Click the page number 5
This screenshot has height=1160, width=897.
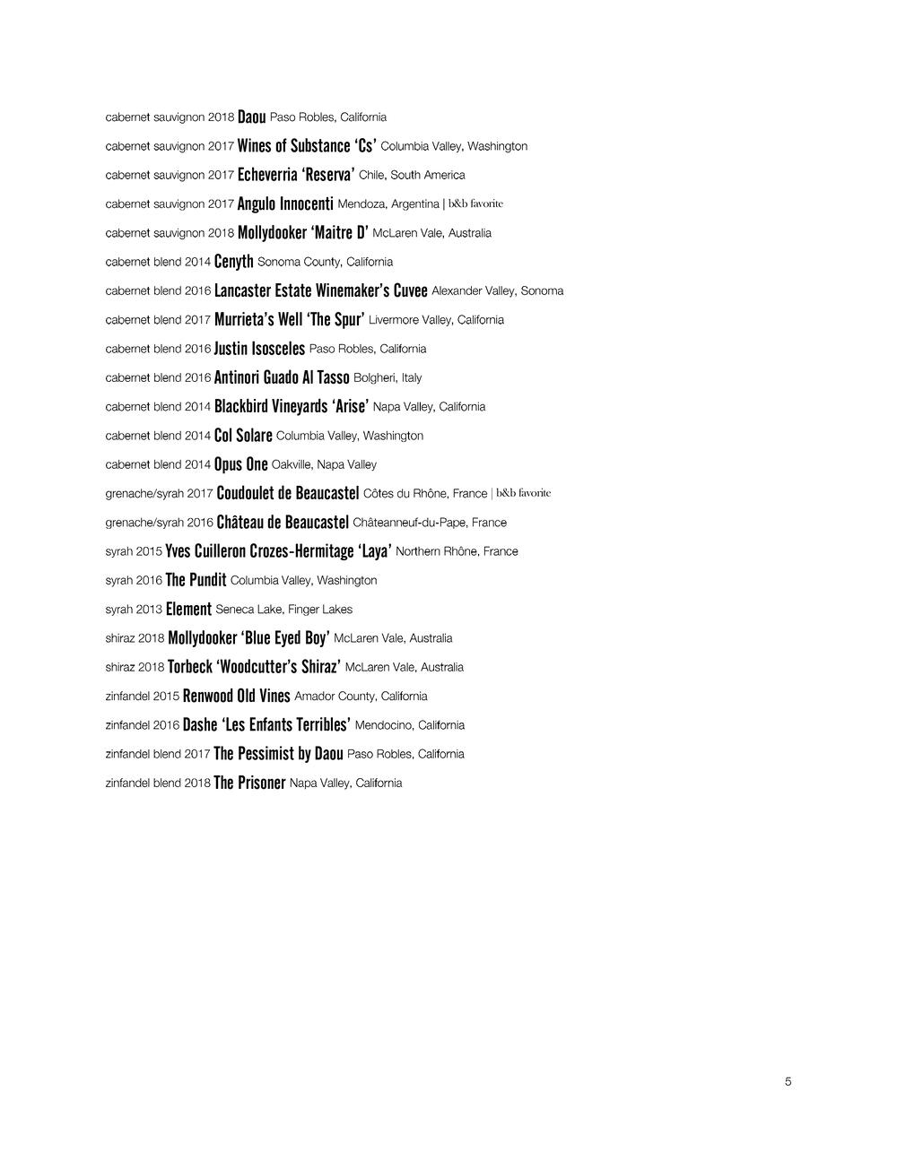(x=788, y=1082)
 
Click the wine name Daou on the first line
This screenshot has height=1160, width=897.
(x=251, y=117)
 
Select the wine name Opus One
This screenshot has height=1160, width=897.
(x=240, y=464)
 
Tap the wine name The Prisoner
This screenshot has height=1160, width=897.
(x=249, y=783)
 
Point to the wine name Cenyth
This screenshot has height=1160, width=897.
(x=233, y=263)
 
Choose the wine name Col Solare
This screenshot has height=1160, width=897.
(x=243, y=436)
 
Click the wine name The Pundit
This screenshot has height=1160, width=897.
(x=196, y=580)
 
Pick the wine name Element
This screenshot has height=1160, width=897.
(x=188, y=610)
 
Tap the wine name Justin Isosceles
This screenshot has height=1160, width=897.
(x=259, y=349)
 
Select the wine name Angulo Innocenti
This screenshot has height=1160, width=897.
(x=285, y=204)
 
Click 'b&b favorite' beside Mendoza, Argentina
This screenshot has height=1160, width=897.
(x=475, y=204)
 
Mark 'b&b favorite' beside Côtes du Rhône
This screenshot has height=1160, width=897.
(x=523, y=493)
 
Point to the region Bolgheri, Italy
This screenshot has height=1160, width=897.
(x=388, y=378)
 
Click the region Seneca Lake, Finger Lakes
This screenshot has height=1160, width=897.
(x=283, y=610)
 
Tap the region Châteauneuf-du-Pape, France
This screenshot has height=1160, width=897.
(x=430, y=523)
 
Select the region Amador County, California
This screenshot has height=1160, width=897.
(x=361, y=697)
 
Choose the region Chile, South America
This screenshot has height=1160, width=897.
(x=412, y=176)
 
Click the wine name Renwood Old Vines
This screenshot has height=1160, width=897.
(x=236, y=697)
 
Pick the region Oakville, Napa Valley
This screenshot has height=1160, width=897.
(x=324, y=465)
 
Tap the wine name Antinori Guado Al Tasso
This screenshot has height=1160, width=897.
(x=282, y=378)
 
